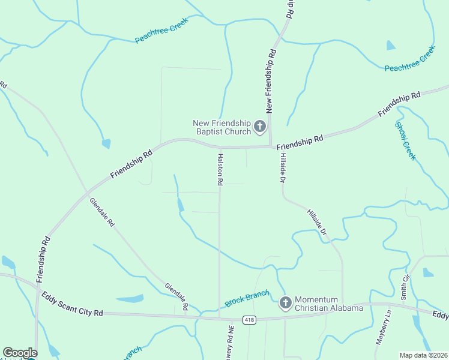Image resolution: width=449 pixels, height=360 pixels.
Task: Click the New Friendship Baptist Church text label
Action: click(221, 127)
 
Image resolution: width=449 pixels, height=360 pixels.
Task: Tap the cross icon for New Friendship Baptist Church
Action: click(259, 126)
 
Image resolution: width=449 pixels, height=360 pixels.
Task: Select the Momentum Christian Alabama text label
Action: click(328, 304)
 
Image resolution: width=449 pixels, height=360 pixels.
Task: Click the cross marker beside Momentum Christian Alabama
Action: click(285, 302)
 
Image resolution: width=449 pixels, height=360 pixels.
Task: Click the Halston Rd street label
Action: click(220, 169)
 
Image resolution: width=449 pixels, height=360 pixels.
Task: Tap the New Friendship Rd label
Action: click(271, 80)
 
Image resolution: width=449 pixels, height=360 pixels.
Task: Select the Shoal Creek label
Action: click(405, 140)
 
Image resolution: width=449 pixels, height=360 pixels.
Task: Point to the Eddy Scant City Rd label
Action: click(73, 305)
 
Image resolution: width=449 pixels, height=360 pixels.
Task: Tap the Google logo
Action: click(20, 353)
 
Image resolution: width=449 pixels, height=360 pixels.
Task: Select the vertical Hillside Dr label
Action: click(282, 167)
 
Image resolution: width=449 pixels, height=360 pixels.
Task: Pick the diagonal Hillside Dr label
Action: click(318, 222)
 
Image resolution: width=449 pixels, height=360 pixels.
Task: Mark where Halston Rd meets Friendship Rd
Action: click(220, 147)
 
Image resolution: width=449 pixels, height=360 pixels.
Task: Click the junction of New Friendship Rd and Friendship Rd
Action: click(270, 146)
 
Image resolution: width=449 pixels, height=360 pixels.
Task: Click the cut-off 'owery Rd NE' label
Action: click(230, 344)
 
